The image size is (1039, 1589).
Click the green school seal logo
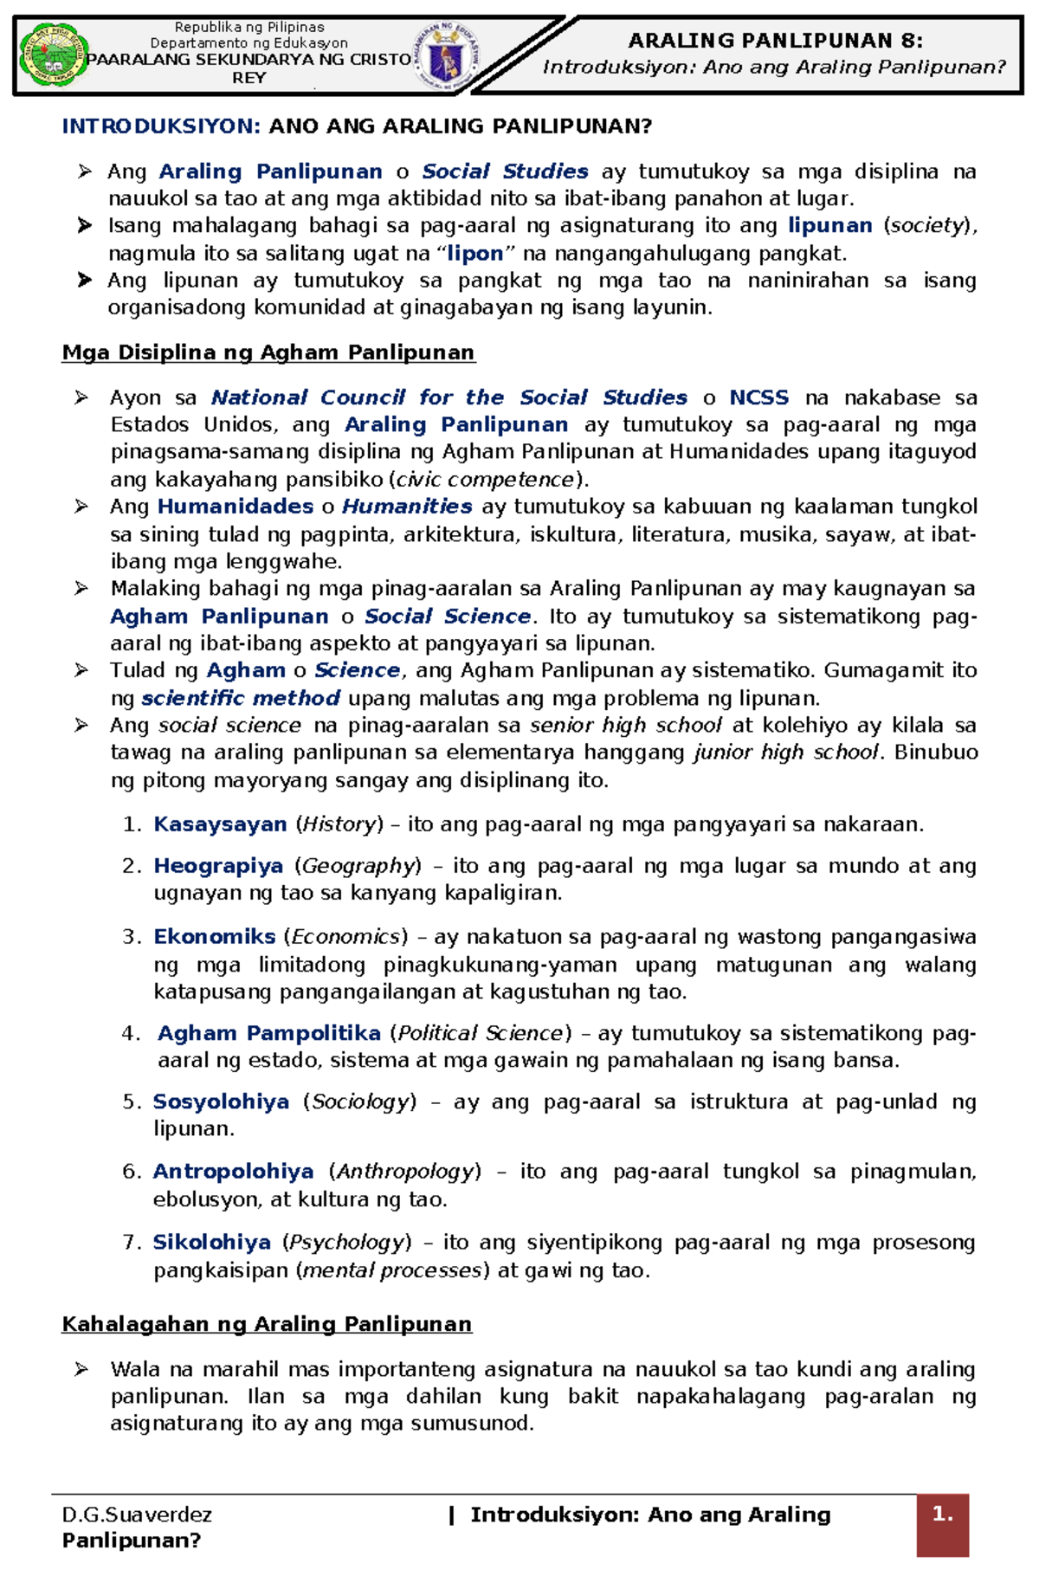[x=54, y=55]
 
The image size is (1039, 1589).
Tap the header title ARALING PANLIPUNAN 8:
[x=775, y=40]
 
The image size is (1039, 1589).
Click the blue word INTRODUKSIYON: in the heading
[x=161, y=126]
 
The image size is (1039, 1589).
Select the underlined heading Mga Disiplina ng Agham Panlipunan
[x=268, y=352]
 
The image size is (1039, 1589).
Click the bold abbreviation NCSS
[x=758, y=397]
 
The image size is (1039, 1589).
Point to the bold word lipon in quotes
[x=474, y=254]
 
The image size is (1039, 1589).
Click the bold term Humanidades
[x=236, y=507]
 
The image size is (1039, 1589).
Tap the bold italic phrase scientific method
[x=241, y=698]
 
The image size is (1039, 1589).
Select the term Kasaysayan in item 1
[x=220, y=824]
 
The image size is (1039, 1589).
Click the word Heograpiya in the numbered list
[x=218, y=866]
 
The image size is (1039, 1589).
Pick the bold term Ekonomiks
[x=215, y=937]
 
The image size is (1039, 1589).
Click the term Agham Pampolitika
[x=269, y=1033]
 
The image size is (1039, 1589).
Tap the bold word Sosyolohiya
[x=221, y=1102]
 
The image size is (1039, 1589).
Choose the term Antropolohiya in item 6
[x=233, y=1172]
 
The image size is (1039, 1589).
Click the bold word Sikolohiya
[x=212, y=1243]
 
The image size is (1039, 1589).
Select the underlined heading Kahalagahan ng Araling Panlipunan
[x=267, y=1324]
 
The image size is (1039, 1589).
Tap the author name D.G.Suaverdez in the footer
[x=137, y=1515]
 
